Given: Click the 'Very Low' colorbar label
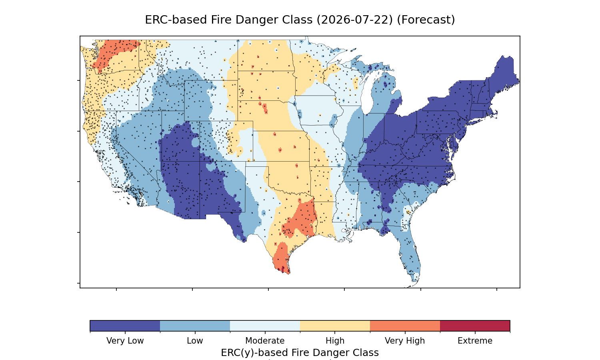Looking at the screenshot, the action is pyautogui.click(x=125, y=341).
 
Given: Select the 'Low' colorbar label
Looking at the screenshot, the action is pyautogui.click(x=195, y=341).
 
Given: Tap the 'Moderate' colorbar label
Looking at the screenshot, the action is pyautogui.click(x=265, y=341).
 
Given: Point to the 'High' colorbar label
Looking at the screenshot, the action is pyautogui.click(x=335, y=341).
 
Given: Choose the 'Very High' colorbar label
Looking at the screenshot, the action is pyautogui.click(x=405, y=341).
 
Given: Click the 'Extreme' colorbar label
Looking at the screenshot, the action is pyautogui.click(x=475, y=341).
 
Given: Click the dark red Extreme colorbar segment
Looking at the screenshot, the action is pyautogui.click(x=475, y=326).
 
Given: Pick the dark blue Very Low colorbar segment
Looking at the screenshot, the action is pyautogui.click(x=125, y=326).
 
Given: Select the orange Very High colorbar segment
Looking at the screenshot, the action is pyautogui.click(x=405, y=326).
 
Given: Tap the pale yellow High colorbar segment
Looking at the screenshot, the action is pyautogui.click(x=335, y=326).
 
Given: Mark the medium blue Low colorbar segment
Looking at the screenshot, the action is pyautogui.click(x=195, y=326).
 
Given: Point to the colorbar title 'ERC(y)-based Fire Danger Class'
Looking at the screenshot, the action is pyautogui.click(x=300, y=353).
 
